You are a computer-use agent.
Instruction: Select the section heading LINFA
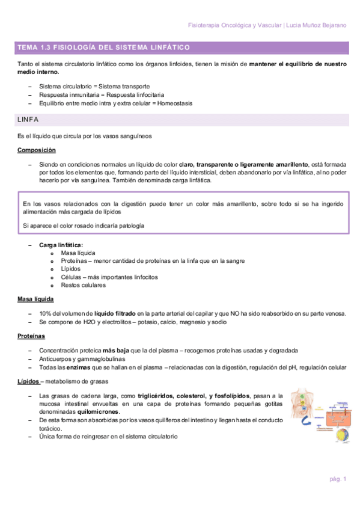(28, 120)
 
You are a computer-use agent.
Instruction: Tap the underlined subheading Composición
(37, 150)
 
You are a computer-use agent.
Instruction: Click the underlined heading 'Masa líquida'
(36, 299)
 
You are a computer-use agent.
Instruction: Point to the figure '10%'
(45, 313)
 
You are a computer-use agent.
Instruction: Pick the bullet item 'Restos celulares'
(83, 285)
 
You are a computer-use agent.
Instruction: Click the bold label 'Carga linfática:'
(61, 245)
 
